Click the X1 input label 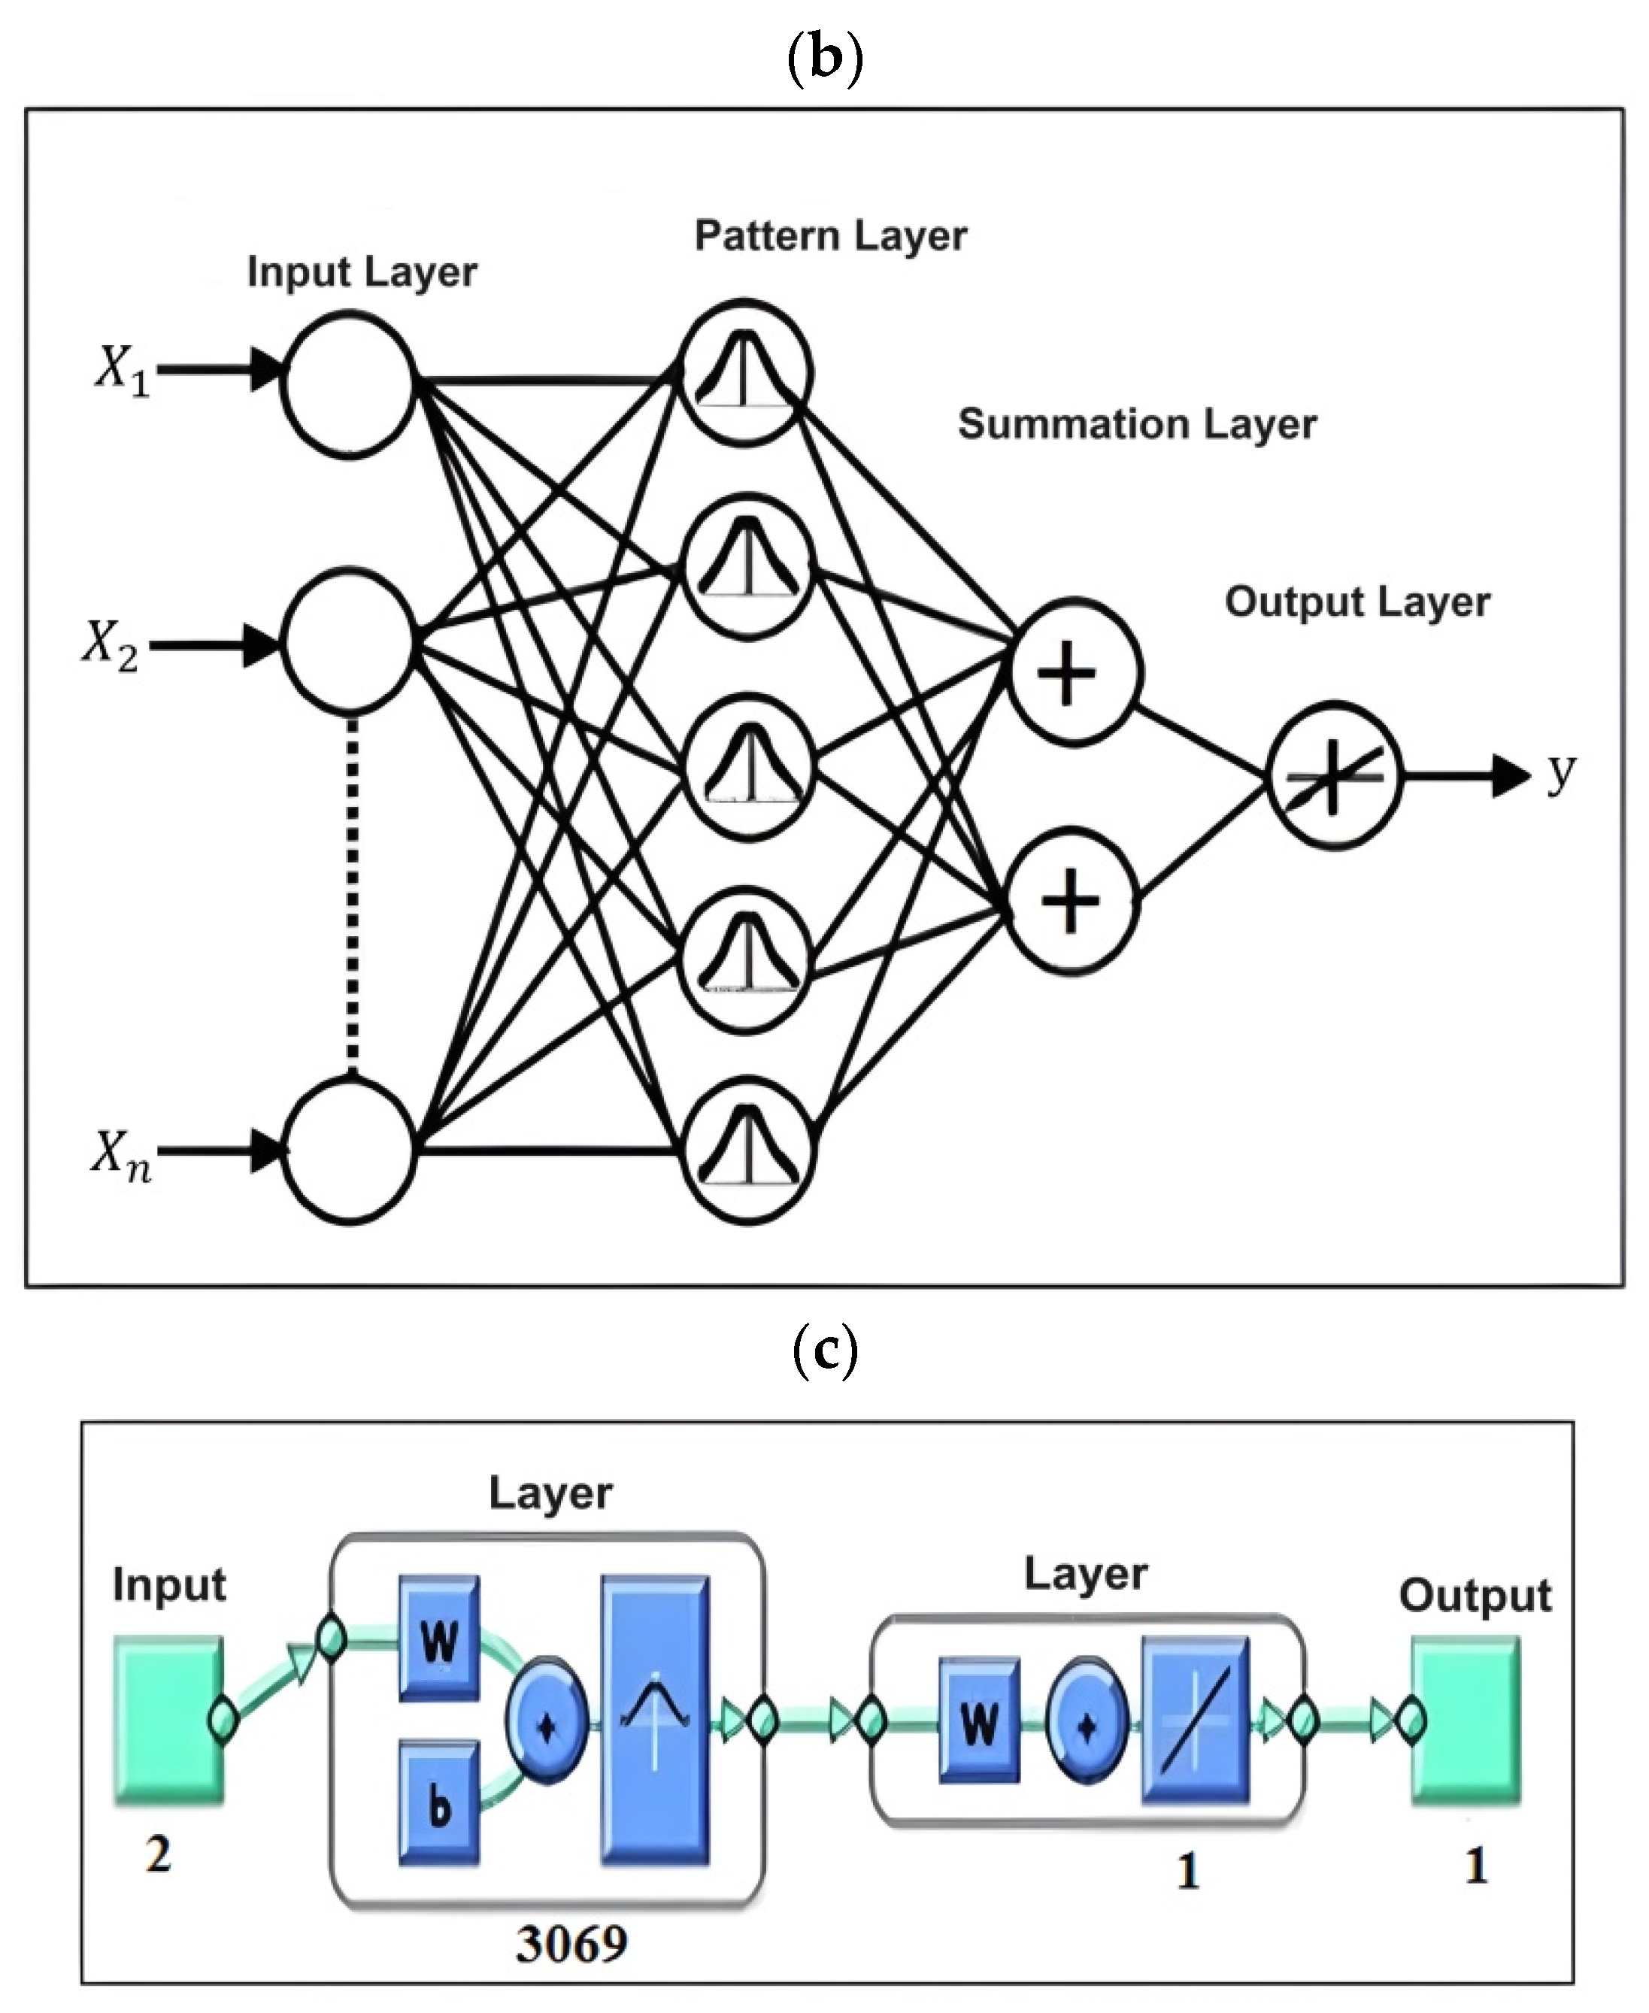click(123, 368)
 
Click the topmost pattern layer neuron click(747, 372)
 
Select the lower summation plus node click(1071, 901)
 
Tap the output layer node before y click(1334, 775)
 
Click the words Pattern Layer click(830, 235)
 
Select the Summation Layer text click(1137, 423)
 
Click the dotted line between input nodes click(353, 893)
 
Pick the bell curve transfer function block click(654, 1720)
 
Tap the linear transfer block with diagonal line click(1195, 1720)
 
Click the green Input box click(169, 1720)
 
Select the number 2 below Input click(159, 1854)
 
